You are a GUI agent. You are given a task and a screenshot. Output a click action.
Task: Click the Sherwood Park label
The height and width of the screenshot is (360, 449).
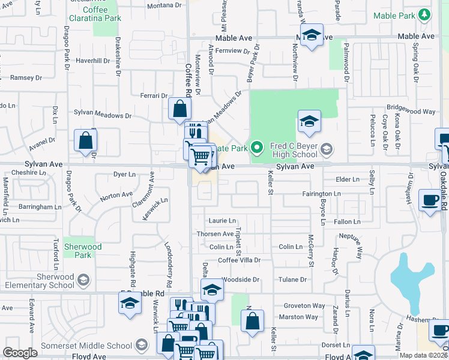tap(83, 251)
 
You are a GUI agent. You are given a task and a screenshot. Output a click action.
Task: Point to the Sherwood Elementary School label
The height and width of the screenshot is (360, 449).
tap(41, 281)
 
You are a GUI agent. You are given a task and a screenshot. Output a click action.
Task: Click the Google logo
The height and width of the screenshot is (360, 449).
tap(20, 353)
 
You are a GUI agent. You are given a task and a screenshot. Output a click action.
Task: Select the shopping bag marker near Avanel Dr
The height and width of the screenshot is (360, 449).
tap(86, 141)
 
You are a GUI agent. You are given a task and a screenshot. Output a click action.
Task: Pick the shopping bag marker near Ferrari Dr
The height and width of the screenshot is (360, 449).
tap(179, 109)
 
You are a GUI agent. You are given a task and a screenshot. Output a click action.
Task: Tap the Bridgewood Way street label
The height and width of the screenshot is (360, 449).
tap(411, 111)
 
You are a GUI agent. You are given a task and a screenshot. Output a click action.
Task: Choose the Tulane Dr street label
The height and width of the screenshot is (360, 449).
tap(293, 280)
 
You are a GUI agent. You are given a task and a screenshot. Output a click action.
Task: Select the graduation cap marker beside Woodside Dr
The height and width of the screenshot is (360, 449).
tap(211, 290)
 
